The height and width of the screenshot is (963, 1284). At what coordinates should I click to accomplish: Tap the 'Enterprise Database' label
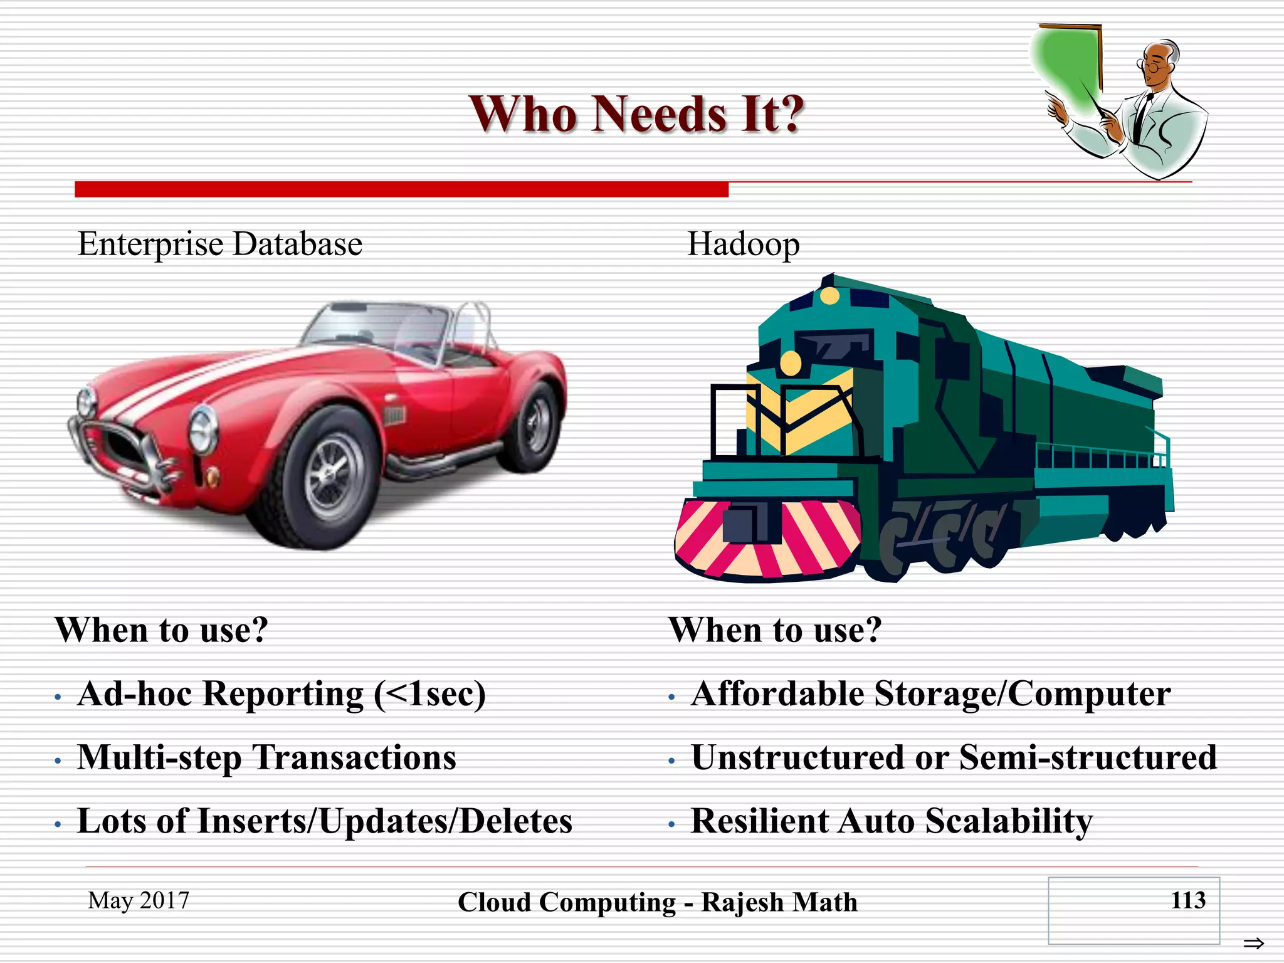point(219,244)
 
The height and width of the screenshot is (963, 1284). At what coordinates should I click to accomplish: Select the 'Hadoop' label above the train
point(743,244)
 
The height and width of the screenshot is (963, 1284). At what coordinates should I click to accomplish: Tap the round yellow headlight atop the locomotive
point(829,296)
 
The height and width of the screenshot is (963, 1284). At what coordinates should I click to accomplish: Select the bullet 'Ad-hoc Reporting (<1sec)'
point(281,694)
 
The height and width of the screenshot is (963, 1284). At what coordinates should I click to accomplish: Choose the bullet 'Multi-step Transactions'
point(266,757)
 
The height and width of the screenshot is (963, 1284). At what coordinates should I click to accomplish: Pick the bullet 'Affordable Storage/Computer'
point(930,694)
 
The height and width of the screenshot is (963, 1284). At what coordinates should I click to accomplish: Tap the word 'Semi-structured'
point(1088,757)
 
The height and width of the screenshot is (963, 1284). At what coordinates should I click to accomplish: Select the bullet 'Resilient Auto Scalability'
point(891,821)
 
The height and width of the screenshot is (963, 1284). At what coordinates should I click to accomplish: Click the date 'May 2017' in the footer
point(139,900)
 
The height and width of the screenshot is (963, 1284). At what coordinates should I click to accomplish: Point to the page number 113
point(1187,900)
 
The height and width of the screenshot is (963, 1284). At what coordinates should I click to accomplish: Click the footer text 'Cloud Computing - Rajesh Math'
point(657,902)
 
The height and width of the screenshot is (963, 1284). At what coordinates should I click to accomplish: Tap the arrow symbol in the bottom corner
point(1253,943)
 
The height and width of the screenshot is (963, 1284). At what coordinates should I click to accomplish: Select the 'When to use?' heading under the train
point(775,629)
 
